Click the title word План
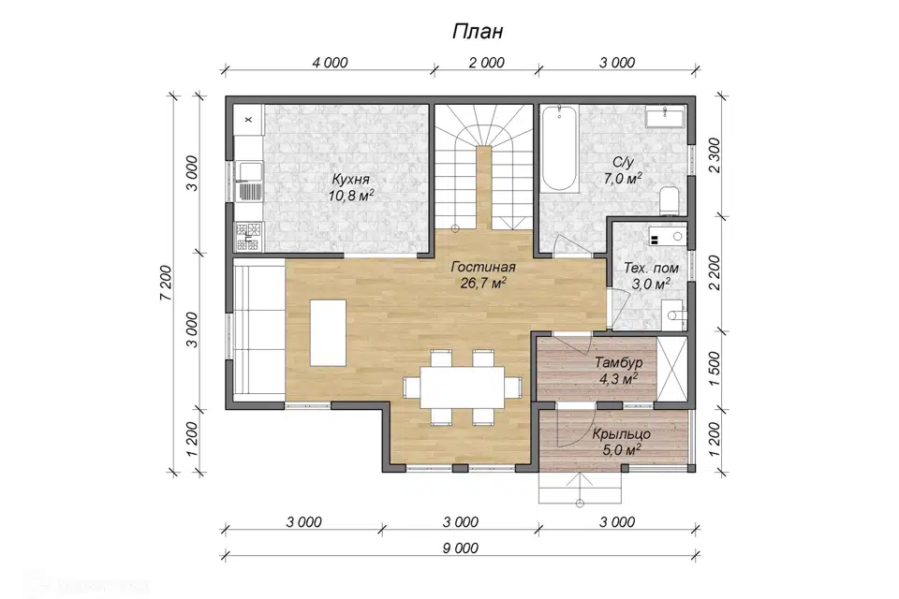(478, 31)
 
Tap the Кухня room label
(350, 180)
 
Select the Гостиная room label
(483, 267)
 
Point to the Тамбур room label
(618, 363)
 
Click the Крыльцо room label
(622, 434)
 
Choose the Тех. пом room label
(652, 269)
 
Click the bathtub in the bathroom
(560, 148)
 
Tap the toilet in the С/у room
(669, 200)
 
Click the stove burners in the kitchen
(248, 237)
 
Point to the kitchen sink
(249, 171)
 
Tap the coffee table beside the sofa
(328, 332)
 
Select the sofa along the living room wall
(259, 327)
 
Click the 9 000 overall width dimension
(461, 548)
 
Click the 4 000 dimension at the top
(330, 63)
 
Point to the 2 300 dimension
(715, 156)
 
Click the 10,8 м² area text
(351, 196)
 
